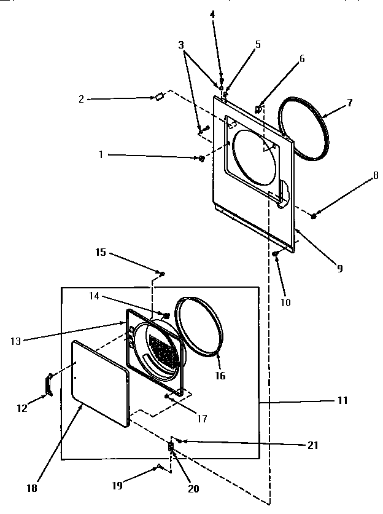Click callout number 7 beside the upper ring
349,103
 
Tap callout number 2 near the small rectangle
80,98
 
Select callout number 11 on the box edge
342,400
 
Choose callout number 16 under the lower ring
219,375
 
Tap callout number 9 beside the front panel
339,268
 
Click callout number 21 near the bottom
312,446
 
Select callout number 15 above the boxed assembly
101,251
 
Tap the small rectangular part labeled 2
158,96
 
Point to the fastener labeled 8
314,215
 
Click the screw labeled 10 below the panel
276,254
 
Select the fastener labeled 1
201,159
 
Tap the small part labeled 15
162,273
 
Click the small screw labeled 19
159,467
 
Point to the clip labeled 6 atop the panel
259,109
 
